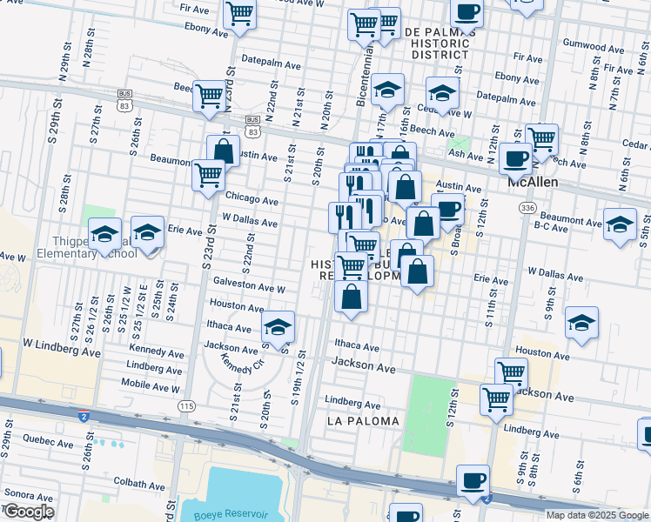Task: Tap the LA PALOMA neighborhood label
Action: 363,421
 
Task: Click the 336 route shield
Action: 527,208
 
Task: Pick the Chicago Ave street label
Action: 252,200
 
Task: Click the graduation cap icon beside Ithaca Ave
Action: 278,327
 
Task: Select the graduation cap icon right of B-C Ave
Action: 620,224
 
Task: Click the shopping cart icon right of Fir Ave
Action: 238,14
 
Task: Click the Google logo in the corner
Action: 29,512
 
